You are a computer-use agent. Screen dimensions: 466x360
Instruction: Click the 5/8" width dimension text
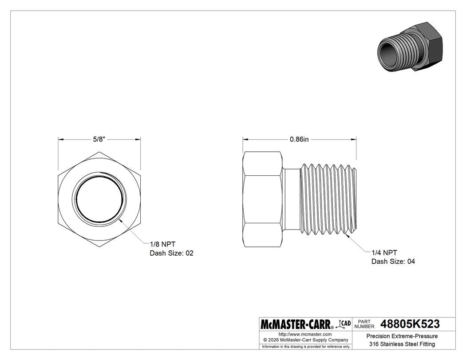(x=99, y=139)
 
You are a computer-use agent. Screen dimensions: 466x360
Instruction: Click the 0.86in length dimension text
(x=299, y=139)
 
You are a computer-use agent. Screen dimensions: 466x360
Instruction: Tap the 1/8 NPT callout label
(x=162, y=244)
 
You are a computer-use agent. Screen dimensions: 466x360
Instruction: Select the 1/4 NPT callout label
(x=384, y=253)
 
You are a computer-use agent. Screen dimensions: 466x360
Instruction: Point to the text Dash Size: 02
(x=171, y=253)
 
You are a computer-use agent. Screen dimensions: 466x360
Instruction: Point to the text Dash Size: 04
(x=393, y=261)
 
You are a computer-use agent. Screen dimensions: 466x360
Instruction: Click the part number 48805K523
(x=410, y=324)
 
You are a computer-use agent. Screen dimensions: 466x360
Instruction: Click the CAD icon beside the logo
(x=343, y=324)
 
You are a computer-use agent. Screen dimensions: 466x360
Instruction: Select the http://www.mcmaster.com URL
(x=305, y=334)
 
